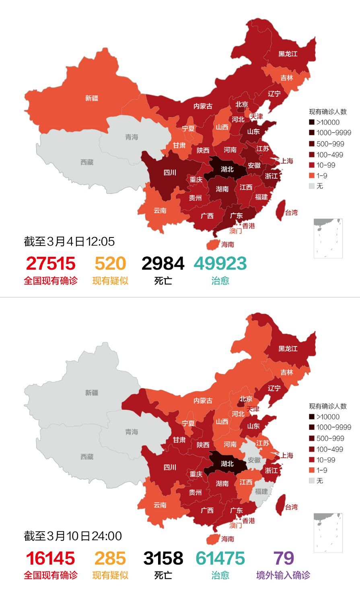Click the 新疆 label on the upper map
click(92, 98)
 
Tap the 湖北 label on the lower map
click(227, 464)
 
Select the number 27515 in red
click(51, 264)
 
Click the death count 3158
click(163, 558)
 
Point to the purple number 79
click(284, 558)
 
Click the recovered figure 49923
click(220, 264)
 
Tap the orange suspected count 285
click(110, 558)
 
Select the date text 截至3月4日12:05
click(69, 241)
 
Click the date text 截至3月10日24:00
click(73, 536)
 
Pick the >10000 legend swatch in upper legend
click(312, 122)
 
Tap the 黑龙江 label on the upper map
click(288, 54)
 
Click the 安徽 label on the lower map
click(254, 460)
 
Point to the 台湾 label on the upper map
click(292, 212)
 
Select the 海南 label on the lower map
click(228, 538)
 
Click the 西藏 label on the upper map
click(87, 162)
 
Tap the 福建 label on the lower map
click(261, 491)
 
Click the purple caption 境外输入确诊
click(283, 575)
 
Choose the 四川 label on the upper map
click(170, 173)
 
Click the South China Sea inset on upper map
click(328, 238)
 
